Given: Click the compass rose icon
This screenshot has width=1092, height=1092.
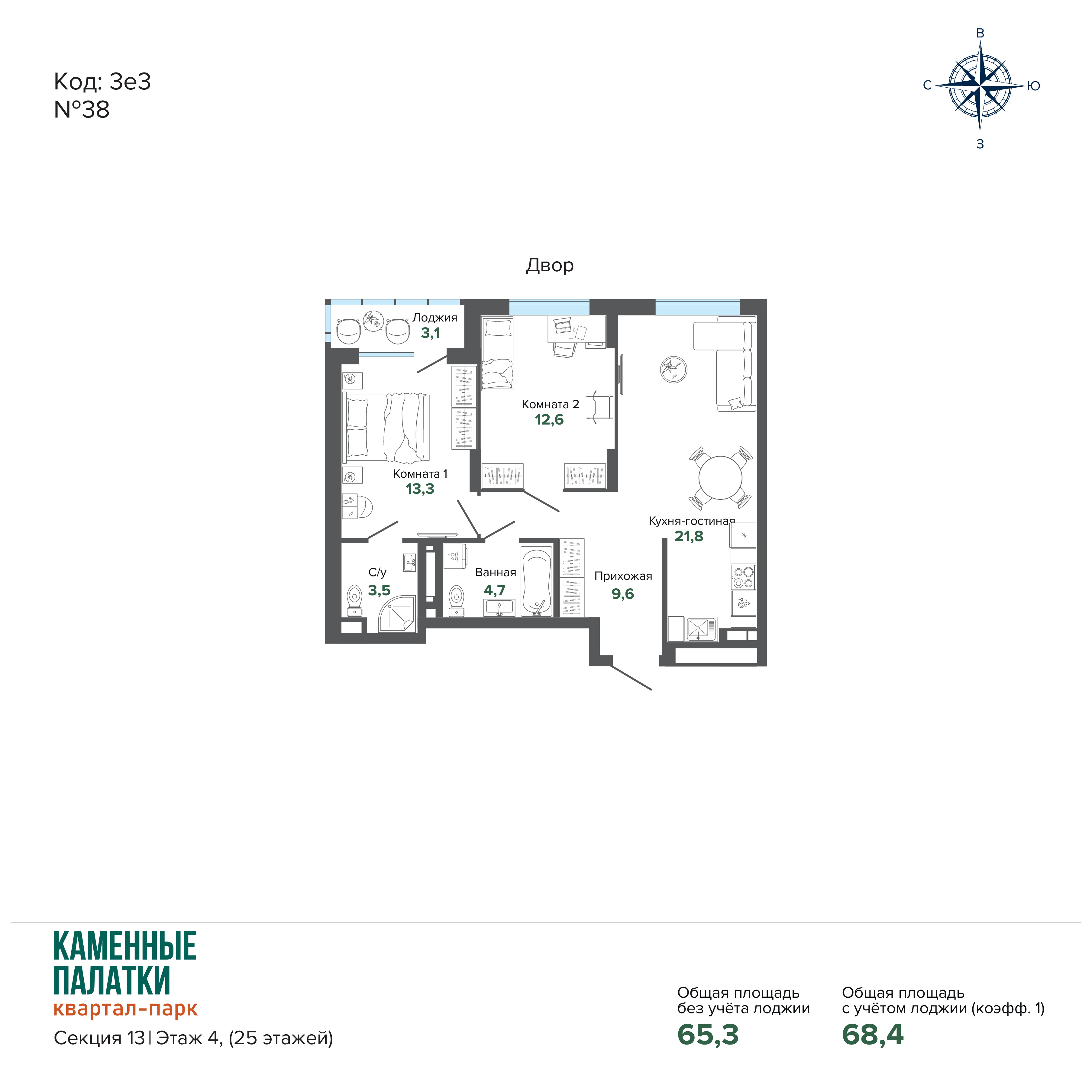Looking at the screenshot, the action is click(980, 86).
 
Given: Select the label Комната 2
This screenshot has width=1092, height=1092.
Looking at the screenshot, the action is click(550, 404).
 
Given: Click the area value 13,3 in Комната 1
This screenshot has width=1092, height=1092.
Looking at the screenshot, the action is click(420, 489).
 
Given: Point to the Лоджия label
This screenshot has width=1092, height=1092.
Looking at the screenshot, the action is click(435, 318).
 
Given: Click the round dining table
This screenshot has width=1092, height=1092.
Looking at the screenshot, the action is click(720, 478).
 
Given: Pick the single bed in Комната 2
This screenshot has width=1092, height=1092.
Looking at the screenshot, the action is click(497, 353).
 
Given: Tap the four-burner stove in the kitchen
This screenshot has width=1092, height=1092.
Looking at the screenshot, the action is click(743, 577).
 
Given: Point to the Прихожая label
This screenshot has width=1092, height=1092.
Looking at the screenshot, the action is click(623, 576).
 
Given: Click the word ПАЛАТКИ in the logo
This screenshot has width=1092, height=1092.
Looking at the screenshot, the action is click(112, 980).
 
